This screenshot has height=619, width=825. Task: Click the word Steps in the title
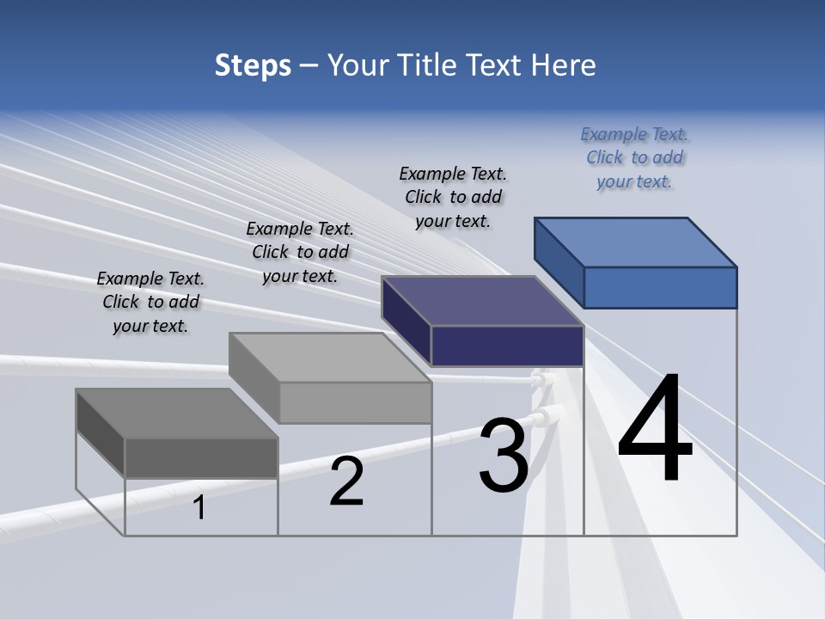pyautogui.click(x=253, y=65)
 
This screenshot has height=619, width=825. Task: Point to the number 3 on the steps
pyautogui.click(x=504, y=456)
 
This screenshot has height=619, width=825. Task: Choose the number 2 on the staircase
pyautogui.click(x=346, y=481)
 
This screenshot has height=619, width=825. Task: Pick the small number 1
pyautogui.click(x=199, y=508)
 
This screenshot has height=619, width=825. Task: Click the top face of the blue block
pyautogui.click(x=635, y=242)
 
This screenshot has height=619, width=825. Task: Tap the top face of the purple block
pyautogui.click(x=482, y=301)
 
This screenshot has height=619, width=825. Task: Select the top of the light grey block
pyautogui.click(x=329, y=357)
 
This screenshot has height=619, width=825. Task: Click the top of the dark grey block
pyautogui.click(x=176, y=413)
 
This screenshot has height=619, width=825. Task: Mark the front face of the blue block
pyautogui.click(x=660, y=287)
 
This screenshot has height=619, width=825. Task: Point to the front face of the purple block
pyautogui.click(x=507, y=346)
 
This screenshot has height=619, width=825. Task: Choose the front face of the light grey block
pyautogui.click(x=355, y=402)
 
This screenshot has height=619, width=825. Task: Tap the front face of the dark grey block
pyautogui.click(x=201, y=457)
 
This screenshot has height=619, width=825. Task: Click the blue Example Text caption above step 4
pyautogui.click(x=634, y=157)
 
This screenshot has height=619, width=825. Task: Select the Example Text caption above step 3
pyautogui.click(x=453, y=197)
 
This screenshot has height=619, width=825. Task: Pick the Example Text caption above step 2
pyautogui.click(x=300, y=252)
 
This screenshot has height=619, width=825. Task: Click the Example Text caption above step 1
pyautogui.click(x=150, y=302)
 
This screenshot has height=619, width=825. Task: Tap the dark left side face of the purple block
pyautogui.click(x=406, y=320)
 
